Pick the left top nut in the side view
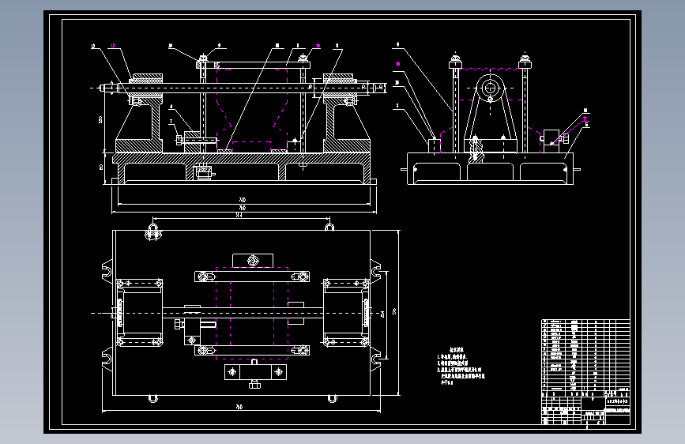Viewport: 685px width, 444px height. point(456,61)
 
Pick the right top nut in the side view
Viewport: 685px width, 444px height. point(524,61)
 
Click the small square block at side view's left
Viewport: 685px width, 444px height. point(434,145)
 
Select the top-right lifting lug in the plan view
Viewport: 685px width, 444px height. point(329,228)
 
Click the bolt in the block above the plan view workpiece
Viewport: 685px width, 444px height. point(252,261)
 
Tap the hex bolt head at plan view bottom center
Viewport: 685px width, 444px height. point(253,385)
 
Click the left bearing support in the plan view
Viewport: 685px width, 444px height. point(140,312)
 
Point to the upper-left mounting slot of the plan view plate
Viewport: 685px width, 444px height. point(104,269)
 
